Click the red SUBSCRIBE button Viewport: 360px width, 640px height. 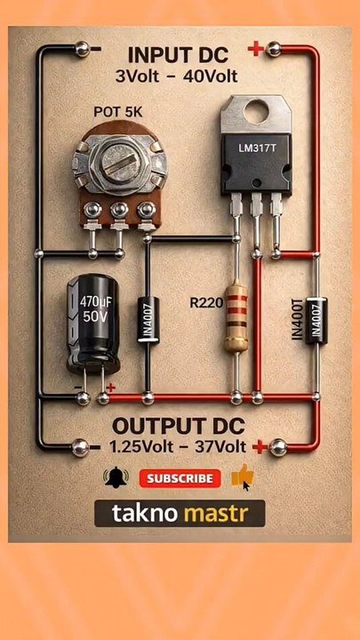click(x=180, y=478)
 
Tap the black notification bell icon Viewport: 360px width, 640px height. click(x=116, y=478)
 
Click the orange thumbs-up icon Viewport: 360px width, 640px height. click(x=243, y=476)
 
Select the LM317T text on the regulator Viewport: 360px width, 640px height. click(x=257, y=149)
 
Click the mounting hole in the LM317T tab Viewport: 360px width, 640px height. click(x=256, y=113)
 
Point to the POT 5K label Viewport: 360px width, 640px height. click(x=118, y=112)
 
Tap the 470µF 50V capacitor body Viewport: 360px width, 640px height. click(x=93, y=323)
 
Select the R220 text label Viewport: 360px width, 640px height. click(x=206, y=303)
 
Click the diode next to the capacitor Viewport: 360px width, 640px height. click(x=148, y=320)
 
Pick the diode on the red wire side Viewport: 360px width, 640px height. click(x=316, y=320)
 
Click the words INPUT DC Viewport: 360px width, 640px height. click(x=178, y=55)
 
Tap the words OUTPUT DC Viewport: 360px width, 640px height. click(x=179, y=427)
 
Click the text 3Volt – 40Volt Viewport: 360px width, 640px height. click(x=176, y=76)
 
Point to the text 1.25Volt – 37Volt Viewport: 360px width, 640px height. click(x=178, y=446)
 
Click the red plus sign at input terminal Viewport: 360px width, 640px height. click(x=255, y=50)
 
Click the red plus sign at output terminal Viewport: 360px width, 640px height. click(x=260, y=448)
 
